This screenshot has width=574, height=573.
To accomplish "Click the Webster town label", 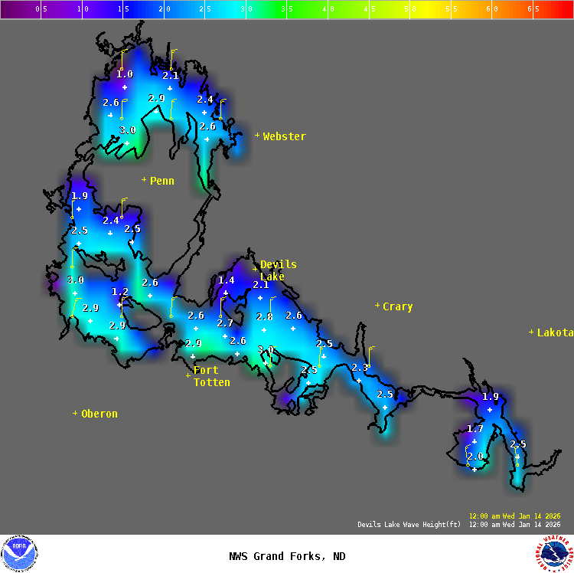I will tap(284, 137).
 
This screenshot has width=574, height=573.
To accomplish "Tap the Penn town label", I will tap(161, 182).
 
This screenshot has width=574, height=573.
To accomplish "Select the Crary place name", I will tap(397, 307).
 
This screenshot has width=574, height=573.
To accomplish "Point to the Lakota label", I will tap(555, 333).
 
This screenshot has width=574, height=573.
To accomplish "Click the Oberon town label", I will tap(99, 414).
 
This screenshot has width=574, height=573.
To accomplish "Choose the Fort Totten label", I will tap(211, 377).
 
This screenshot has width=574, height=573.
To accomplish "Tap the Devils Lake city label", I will tap(278, 270).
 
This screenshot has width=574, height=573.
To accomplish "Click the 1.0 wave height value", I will tap(124, 74).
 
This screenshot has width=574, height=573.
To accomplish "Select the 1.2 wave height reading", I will tap(120, 292).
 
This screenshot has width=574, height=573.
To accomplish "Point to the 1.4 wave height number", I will tap(226, 280).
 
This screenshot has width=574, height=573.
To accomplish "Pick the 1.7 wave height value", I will tap(475, 429).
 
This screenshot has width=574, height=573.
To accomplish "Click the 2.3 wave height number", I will tap(359, 368).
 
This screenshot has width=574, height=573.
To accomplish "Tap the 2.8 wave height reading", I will tap(264, 316).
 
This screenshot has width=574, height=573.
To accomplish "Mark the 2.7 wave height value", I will tap(224, 323).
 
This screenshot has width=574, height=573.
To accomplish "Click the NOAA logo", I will tap(20, 553).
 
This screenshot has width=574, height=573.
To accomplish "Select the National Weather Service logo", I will tap(553, 553).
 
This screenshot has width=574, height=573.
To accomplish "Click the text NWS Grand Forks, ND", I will tap(287, 557).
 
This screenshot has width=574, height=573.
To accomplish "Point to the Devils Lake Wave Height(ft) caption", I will tap(409, 525).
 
